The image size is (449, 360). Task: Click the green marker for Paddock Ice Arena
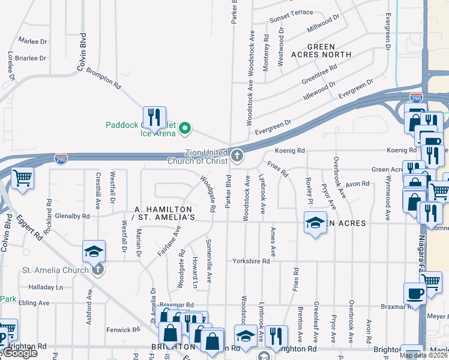click(185, 127)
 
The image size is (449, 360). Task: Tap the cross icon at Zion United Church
click(238, 157)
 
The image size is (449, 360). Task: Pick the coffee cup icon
click(414, 293)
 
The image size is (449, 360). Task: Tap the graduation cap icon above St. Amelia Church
click(94, 251)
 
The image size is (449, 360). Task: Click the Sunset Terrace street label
click(291, 13)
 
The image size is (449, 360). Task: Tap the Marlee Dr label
click(32, 41)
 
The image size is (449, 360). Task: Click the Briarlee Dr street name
click(31, 58)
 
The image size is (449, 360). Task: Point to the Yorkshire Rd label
click(251, 262)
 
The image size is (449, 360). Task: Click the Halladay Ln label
click(46, 287)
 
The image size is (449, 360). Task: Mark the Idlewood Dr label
click(319, 89)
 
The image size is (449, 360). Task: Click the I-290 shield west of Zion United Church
click(61, 159)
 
